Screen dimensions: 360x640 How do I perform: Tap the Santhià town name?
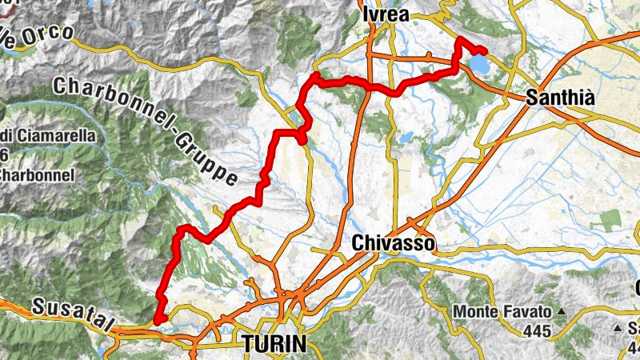561,98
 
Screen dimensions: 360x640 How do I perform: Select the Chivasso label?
393,242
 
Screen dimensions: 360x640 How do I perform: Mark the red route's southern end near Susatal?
158,321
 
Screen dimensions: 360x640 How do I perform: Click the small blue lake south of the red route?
406,138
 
